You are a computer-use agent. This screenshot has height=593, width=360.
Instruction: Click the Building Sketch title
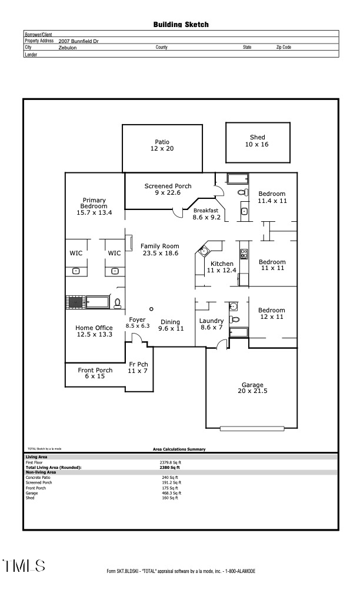(x=181, y=25)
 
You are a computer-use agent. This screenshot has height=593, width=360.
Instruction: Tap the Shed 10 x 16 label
(x=257, y=141)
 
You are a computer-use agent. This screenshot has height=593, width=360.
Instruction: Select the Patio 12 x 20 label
(x=162, y=145)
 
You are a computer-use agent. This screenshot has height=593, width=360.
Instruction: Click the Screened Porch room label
(x=168, y=189)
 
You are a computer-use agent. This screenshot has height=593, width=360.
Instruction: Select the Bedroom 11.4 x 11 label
(x=272, y=197)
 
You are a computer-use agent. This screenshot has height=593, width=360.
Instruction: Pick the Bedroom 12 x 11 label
(x=272, y=314)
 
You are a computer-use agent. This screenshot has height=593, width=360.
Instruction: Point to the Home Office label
(x=94, y=331)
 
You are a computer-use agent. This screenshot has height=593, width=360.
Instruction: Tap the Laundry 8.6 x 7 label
(x=211, y=324)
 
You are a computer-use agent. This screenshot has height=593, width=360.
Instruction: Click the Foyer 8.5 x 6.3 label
(x=138, y=322)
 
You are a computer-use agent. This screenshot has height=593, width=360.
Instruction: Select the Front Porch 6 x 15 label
(x=95, y=373)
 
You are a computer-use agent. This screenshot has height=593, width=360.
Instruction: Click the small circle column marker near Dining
(x=151, y=309)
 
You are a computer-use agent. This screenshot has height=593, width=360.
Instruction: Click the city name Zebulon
(x=68, y=48)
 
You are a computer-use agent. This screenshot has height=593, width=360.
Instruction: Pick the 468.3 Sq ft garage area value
(x=171, y=493)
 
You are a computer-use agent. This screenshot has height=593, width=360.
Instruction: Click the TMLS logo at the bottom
(x=24, y=566)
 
